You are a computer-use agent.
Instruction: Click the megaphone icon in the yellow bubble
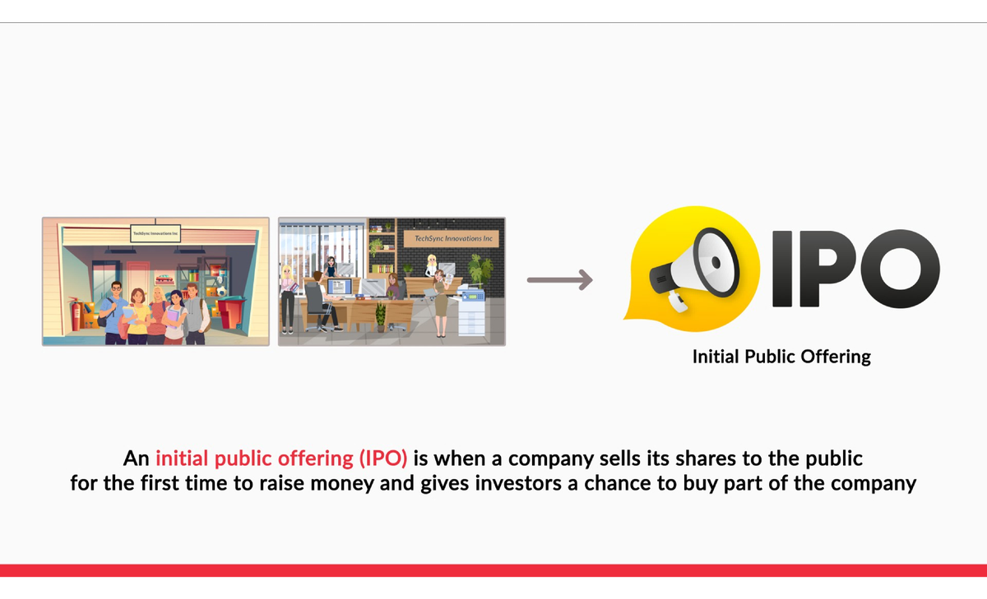pos(695,269)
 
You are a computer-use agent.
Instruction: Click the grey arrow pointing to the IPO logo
pos(560,280)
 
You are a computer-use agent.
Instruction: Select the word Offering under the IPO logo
pos(836,357)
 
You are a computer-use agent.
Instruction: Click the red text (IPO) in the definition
pos(383,458)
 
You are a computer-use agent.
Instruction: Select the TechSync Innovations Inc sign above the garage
pos(155,233)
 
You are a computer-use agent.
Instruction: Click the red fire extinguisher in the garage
pos(76,313)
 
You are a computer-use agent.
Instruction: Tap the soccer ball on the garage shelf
pos(221,292)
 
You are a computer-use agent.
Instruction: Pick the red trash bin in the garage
pos(231,311)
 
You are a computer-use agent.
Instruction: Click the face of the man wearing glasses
pos(116,288)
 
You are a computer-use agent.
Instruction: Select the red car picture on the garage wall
pos(164,279)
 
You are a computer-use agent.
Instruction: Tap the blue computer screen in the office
pos(339,288)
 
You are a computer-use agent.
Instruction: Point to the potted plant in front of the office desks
pos(380,316)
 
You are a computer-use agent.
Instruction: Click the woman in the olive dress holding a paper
pos(441,303)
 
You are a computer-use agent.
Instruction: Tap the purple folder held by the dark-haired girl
pos(172,316)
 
